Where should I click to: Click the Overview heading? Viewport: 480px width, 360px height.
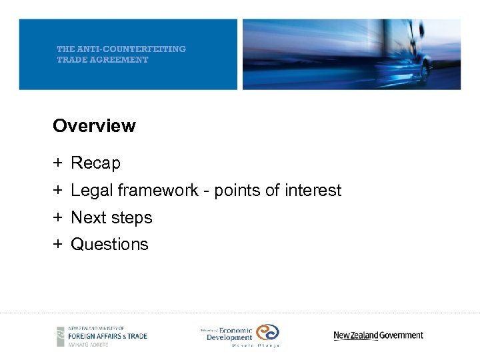point(94,126)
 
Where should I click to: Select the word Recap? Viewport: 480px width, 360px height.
point(95,163)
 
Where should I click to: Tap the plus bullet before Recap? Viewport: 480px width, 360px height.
point(58,163)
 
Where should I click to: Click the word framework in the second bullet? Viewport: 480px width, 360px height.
point(158,191)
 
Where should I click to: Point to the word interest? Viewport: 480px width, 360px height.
point(313,191)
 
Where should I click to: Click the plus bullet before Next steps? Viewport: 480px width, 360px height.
point(58,218)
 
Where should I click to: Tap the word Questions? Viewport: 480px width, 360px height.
point(109,245)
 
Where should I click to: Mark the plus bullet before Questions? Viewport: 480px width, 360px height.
point(58,245)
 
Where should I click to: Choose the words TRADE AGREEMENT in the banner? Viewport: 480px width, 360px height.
point(103,59)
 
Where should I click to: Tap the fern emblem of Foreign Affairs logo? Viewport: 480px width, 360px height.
point(61,336)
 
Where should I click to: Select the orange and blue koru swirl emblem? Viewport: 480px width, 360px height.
point(267,332)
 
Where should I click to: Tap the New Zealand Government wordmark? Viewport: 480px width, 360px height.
point(378,335)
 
